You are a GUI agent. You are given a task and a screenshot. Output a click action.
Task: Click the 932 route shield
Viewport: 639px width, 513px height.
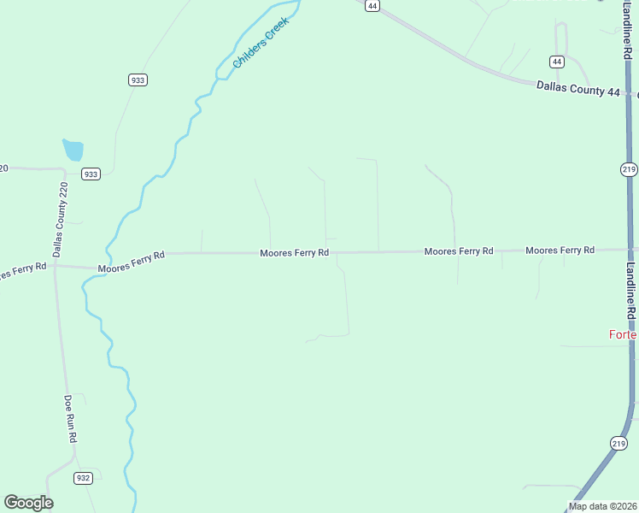click(83, 478)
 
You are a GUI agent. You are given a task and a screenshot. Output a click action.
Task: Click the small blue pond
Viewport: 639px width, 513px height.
click(73, 150)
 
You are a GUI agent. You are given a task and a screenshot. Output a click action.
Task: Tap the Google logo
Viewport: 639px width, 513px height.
click(28, 503)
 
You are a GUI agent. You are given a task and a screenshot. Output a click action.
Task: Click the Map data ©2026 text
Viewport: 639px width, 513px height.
click(601, 506)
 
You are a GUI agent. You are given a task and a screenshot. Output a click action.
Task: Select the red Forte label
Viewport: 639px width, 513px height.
click(623, 334)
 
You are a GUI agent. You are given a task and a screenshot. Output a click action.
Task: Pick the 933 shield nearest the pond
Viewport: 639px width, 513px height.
click(91, 174)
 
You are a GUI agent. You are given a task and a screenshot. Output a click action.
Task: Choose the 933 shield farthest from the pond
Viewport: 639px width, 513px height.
click(138, 80)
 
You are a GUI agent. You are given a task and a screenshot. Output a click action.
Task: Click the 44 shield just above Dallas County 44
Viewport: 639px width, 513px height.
click(557, 62)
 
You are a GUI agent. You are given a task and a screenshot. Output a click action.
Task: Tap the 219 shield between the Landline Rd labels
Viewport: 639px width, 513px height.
click(629, 169)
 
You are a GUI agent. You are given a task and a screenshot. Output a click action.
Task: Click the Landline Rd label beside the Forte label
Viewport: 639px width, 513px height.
click(630, 291)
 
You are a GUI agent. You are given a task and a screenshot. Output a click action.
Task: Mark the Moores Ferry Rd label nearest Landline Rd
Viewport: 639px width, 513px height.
click(560, 251)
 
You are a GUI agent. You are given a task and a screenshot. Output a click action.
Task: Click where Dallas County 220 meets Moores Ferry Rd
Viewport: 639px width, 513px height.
click(55, 266)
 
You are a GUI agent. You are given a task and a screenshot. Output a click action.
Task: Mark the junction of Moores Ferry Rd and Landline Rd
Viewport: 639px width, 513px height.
click(630, 250)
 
